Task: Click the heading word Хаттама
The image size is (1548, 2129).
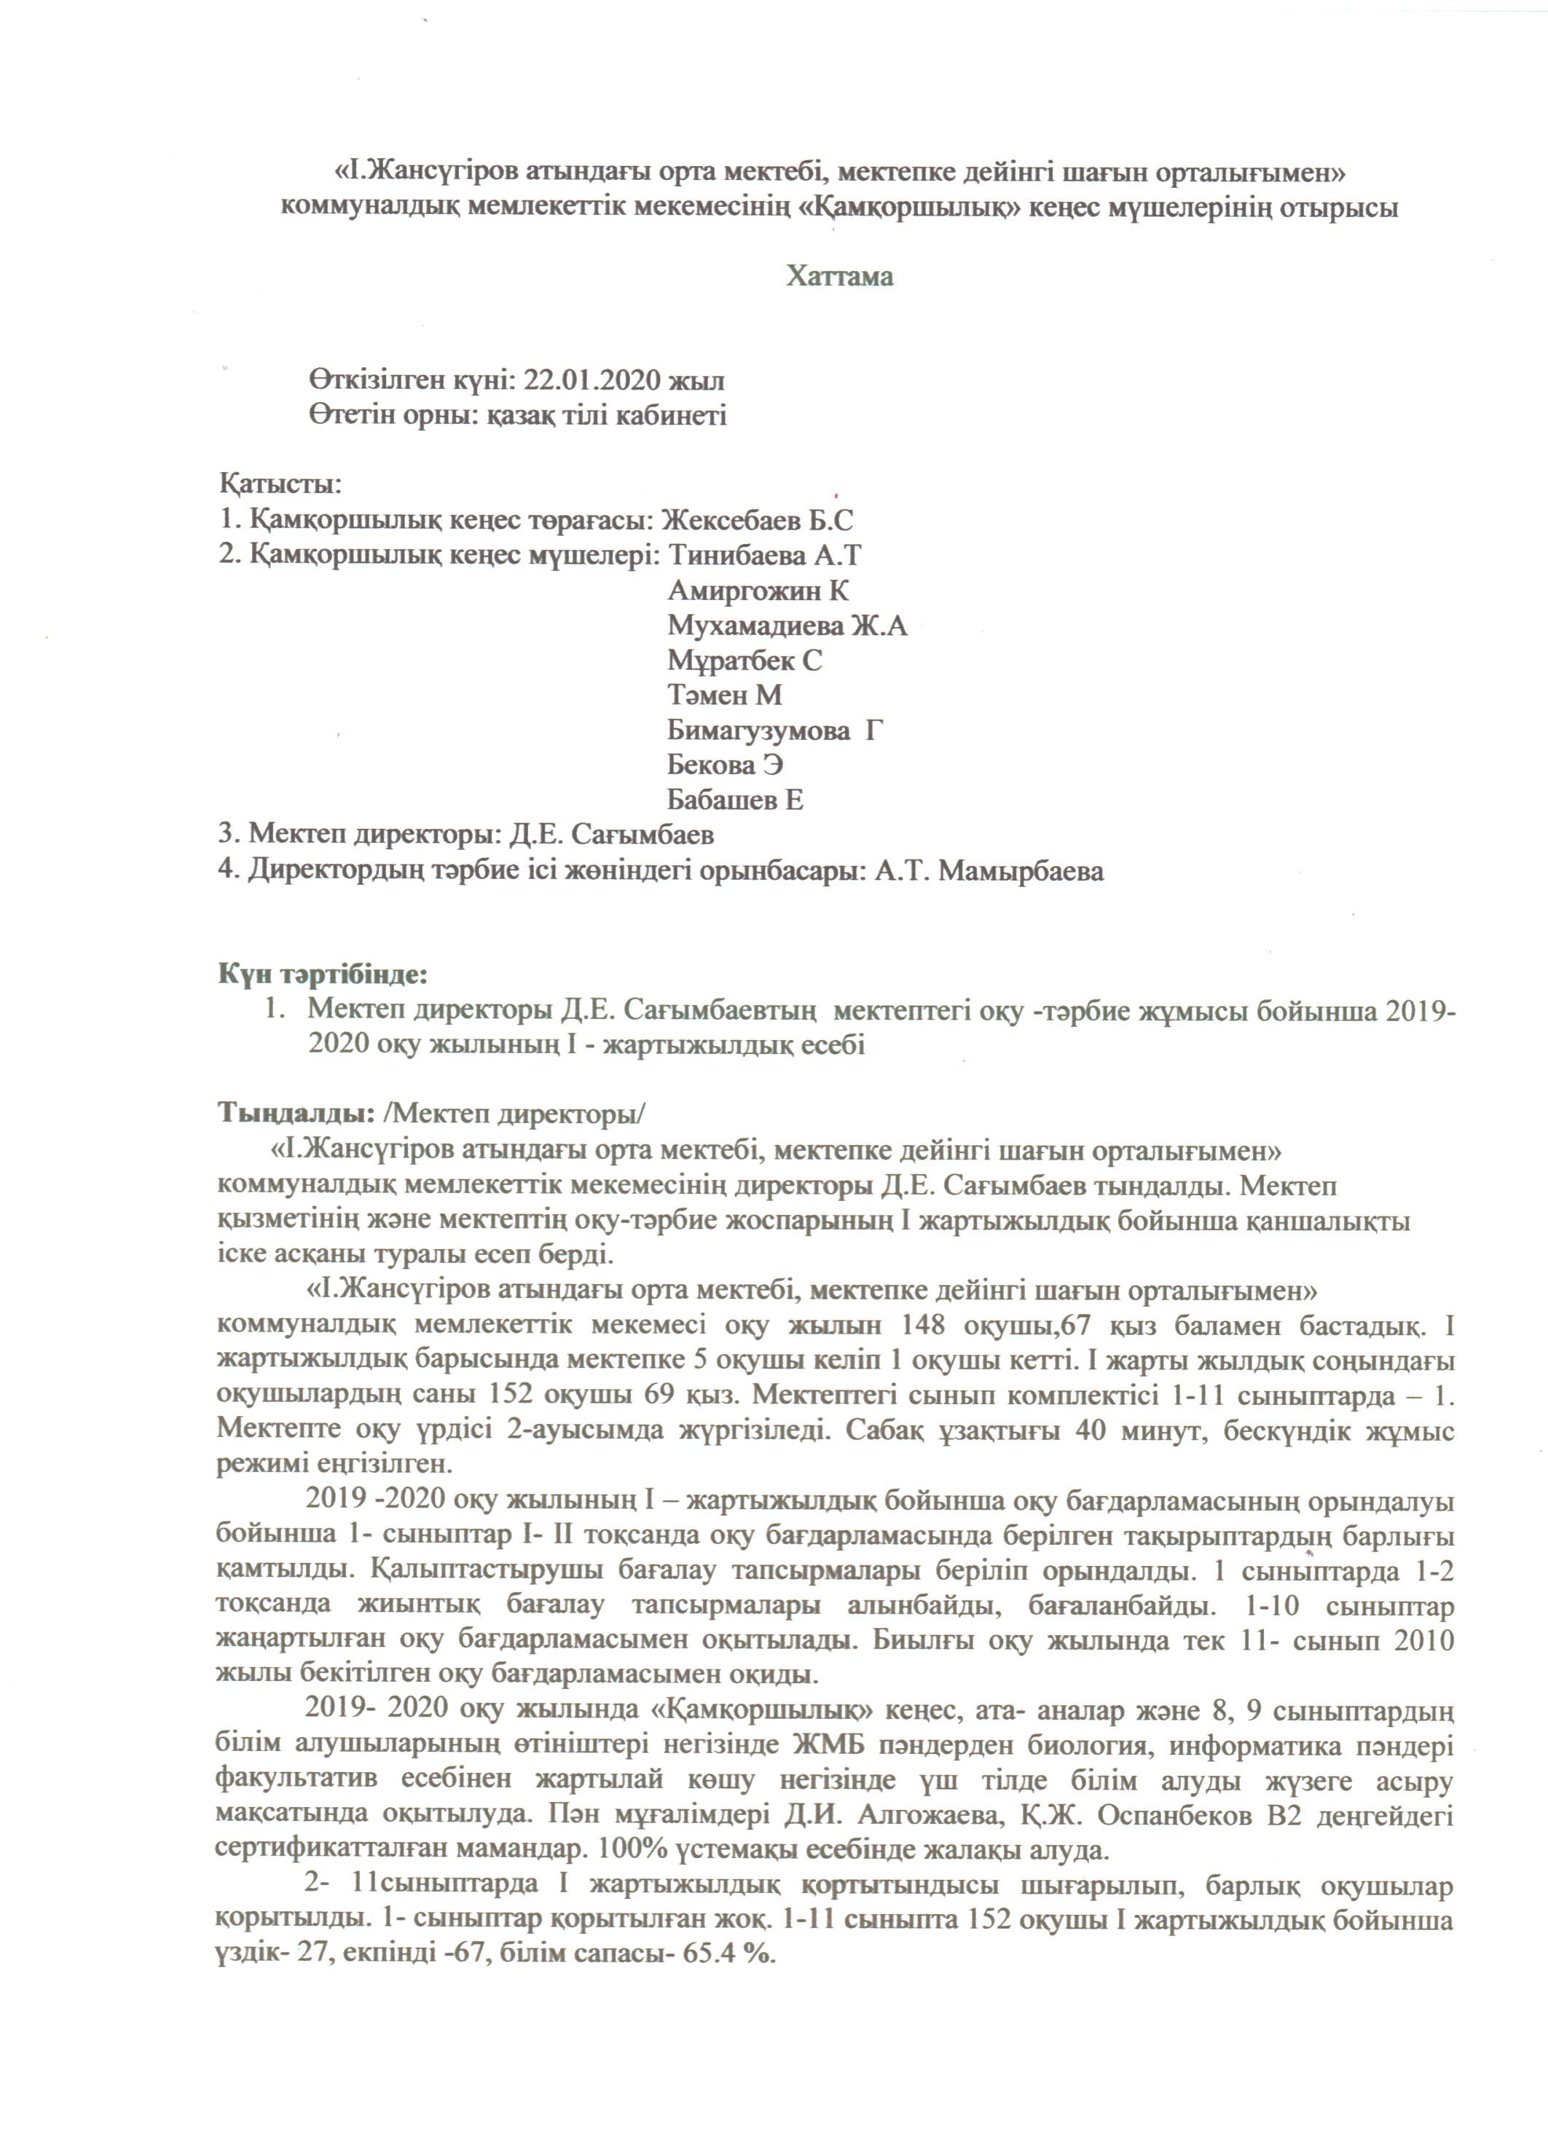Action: pyautogui.click(x=839, y=277)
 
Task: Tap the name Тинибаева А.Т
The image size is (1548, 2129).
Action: pyautogui.click(x=764, y=556)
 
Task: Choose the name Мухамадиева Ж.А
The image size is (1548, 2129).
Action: pyautogui.click(x=787, y=626)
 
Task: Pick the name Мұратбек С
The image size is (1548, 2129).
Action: pyautogui.click(x=744, y=661)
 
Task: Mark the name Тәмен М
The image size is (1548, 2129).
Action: pyautogui.click(x=725, y=696)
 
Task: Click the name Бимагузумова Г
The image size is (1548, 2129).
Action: pyautogui.click(x=775, y=731)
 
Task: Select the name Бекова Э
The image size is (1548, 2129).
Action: pyautogui.click(x=726, y=765)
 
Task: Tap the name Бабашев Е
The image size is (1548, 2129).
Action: pyautogui.click(x=735, y=800)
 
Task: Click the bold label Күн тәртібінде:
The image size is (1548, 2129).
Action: pyautogui.click(x=323, y=975)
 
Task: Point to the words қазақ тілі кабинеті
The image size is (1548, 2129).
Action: pyautogui.click(x=605, y=416)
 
